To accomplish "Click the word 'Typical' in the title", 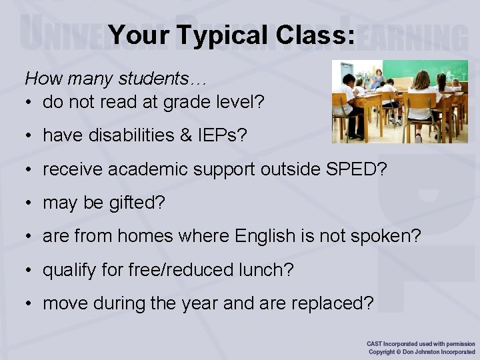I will click(211, 35).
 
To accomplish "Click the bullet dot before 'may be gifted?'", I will click(30, 203).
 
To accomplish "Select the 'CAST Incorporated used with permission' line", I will click(421, 343).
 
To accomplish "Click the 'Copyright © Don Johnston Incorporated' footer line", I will click(421, 352).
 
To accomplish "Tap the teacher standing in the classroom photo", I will click(378, 79).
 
